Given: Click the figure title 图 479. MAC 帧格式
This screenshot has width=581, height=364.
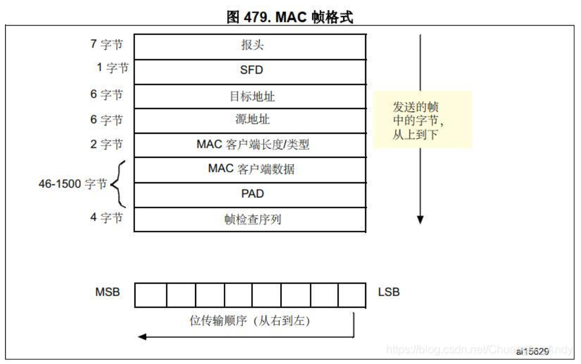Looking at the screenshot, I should pyautogui.click(x=290, y=17).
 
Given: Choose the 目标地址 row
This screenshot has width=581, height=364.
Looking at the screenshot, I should pyautogui.click(x=250, y=97).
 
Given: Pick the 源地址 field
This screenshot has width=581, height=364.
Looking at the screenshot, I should pyautogui.click(x=250, y=120).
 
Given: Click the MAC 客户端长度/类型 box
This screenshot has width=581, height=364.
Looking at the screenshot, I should pyautogui.click(x=250, y=145).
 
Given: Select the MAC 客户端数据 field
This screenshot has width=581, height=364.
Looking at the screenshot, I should pyautogui.click(x=250, y=170).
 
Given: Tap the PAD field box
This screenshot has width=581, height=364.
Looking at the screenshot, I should pyautogui.click(x=250, y=194).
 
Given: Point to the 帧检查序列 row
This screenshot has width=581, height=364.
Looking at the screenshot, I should pyautogui.click(x=250, y=219).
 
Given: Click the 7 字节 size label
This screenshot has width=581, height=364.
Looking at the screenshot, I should pyautogui.click(x=106, y=45).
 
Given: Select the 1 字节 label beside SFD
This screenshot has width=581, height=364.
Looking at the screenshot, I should pyautogui.click(x=112, y=67).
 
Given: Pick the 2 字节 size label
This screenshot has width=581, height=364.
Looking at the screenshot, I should pyautogui.click(x=106, y=144).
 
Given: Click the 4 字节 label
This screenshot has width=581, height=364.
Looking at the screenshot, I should pyautogui.click(x=106, y=217).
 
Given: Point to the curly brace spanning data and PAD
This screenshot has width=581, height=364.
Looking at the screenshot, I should pyautogui.click(x=119, y=184).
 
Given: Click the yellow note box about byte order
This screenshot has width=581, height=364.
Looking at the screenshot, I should pyautogui.click(x=422, y=120).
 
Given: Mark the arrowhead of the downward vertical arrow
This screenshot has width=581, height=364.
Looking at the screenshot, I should pyautogui.click(x=420, y=219).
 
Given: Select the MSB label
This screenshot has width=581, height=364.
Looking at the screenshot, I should pyautogui.click(x=107, y=292).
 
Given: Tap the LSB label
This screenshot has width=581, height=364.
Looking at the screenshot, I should pyautogui.click(x=389, y=292).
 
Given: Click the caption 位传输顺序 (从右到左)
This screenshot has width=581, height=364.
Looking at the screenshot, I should pyautogui.click(x=250, y=321).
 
